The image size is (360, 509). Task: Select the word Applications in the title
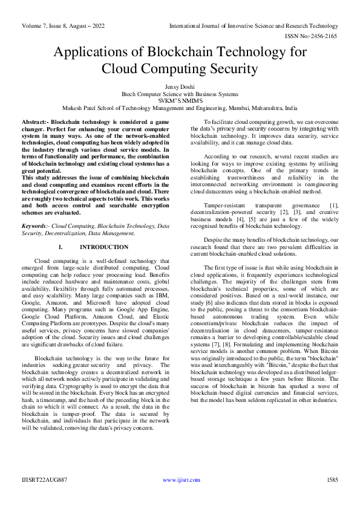click(x=94, y=52)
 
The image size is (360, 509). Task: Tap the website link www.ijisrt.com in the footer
click(x=182, y=480)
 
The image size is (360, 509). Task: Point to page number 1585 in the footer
click(x=332, y=480)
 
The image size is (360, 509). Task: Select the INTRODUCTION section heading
click(x=104, y=247)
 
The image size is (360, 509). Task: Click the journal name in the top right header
click(x=254, y=26)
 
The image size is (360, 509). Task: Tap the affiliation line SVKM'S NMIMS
click(x=180, y=102)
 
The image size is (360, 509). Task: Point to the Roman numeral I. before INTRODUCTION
click(x=61, y=247)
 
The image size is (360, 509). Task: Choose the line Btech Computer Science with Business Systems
click(x=180, y=94)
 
